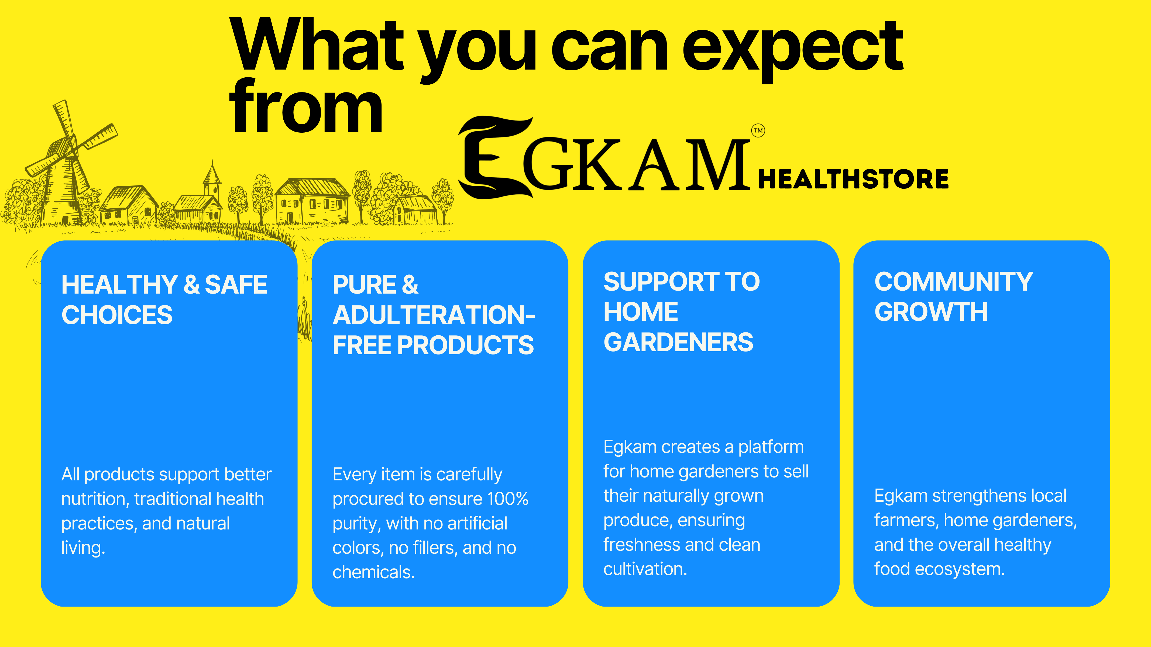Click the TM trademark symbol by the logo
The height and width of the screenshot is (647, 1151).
[758, 130]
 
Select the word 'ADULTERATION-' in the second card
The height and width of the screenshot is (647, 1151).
[434, 315]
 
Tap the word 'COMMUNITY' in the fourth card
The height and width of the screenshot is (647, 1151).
[954, 282]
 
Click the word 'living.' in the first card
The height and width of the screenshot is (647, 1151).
[83, 548]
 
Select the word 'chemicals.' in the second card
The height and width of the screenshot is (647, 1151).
[373, 572]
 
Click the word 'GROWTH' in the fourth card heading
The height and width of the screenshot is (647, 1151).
[931, 312]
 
